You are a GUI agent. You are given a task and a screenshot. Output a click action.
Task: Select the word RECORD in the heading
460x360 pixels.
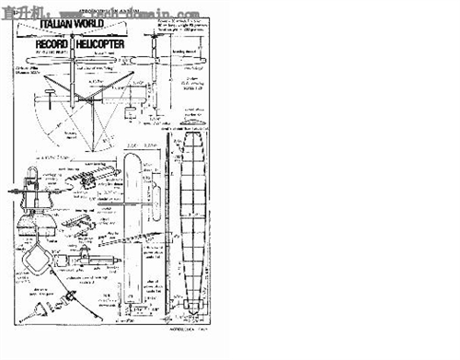point(54,43)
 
